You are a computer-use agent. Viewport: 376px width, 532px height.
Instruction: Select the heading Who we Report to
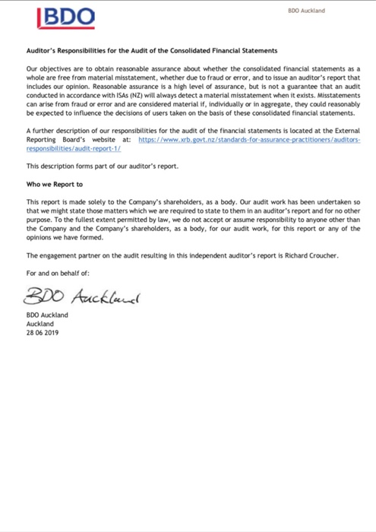pyautogui.click(x=55, y=184)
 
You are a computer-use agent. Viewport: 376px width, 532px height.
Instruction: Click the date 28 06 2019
pyautogui.click(x=42, y=332)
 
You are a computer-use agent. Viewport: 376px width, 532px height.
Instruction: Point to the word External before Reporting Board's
pyautogui.click(x=335, y=132)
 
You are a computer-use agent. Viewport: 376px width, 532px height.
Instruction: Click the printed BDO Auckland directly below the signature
pyautogui.click(x=46, y=315)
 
